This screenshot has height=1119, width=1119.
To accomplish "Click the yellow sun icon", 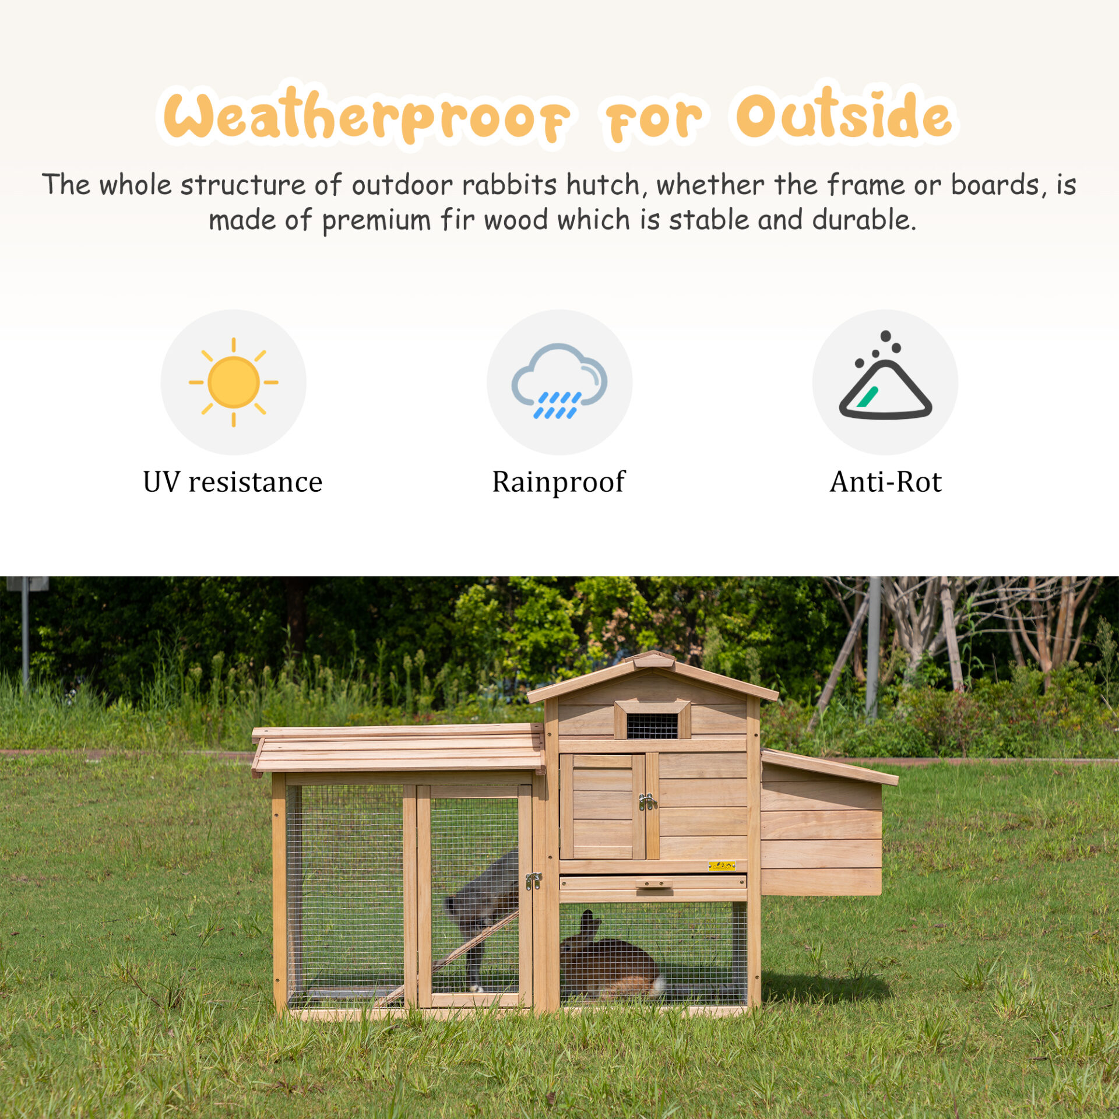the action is point(233,382).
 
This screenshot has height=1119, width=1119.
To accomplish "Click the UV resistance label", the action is point(233,482).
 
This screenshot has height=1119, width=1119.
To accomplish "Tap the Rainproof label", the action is point(558,483).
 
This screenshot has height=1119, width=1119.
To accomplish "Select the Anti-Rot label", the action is point(885,482).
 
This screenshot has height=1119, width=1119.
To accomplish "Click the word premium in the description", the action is point(376,221).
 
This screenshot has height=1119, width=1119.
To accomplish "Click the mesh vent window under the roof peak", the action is point(652,726).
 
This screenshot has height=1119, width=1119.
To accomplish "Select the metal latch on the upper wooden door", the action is point(647,802).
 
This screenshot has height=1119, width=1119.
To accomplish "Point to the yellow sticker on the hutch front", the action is point(722,865).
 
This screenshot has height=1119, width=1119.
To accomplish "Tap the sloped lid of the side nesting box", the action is point(829,766).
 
